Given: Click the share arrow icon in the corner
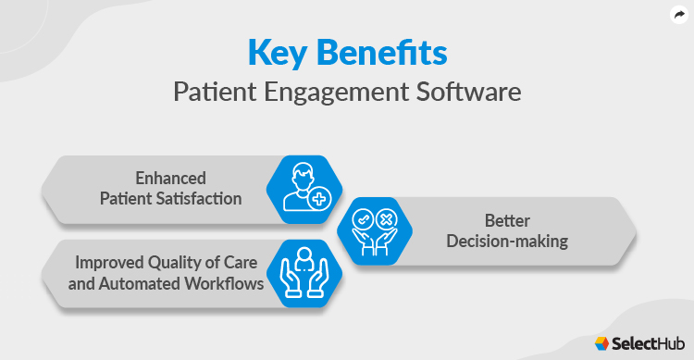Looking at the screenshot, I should (677, 15).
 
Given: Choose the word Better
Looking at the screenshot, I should (508, 221).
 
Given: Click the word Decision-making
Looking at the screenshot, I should (508, 242).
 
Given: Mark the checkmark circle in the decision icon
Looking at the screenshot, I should (362, 221).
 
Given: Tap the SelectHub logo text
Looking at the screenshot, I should (647, 342).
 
